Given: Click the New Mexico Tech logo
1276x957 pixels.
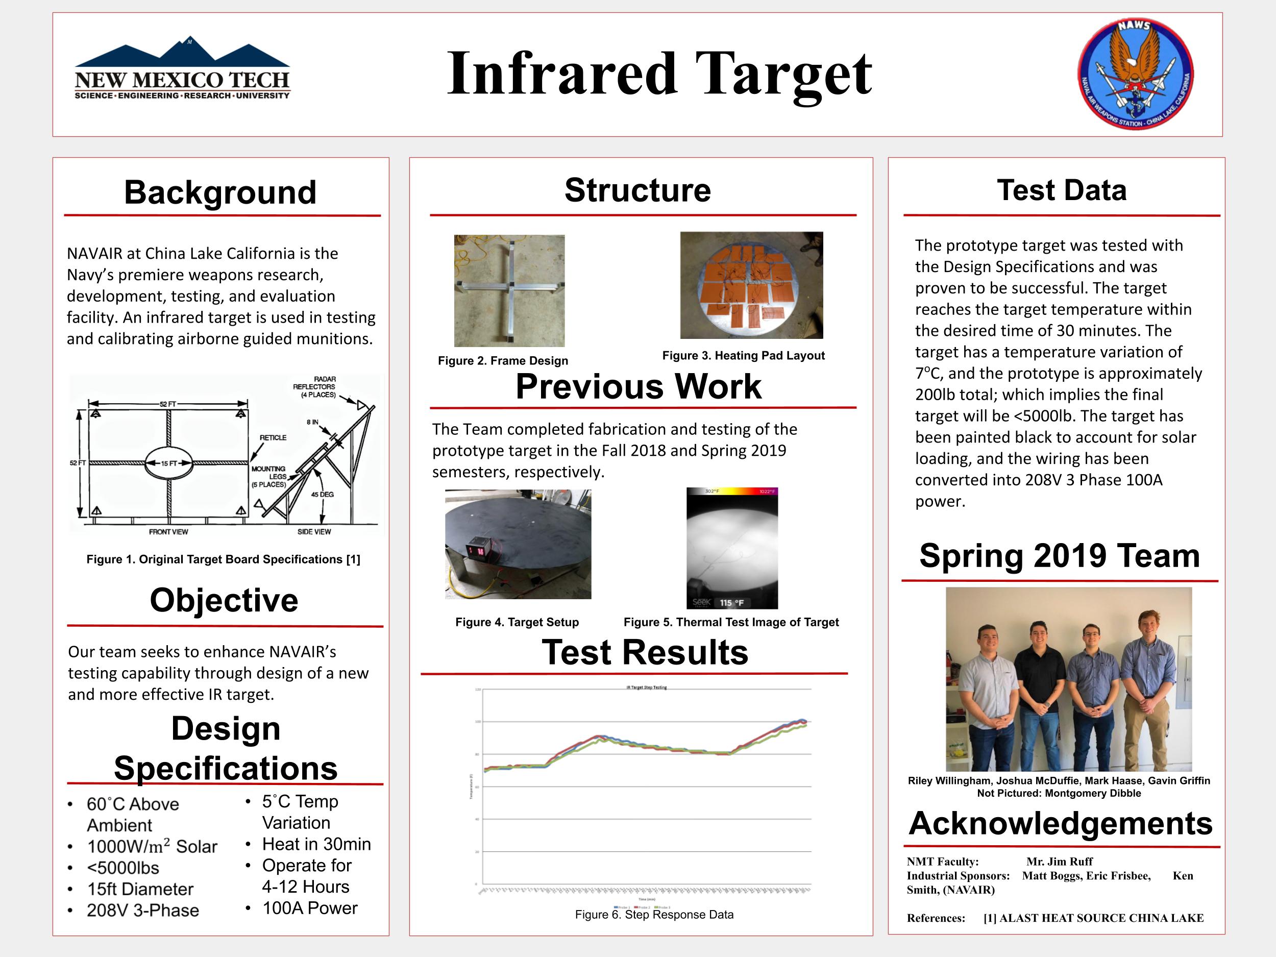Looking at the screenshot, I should (182, 69).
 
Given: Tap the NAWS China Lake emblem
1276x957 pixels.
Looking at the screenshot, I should (1135, 74).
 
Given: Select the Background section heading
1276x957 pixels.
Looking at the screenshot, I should (220, 192).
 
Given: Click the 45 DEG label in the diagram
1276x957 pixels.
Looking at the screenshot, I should (323, 495).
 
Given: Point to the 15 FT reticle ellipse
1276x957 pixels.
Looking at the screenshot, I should (168, 463).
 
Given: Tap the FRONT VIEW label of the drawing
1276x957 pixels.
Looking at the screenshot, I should (168, 532).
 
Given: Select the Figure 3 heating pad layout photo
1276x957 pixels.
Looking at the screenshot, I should (751, 285).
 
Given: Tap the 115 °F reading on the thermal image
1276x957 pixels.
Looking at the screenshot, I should (731, 603).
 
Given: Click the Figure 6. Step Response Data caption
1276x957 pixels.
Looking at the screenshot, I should (654, 914).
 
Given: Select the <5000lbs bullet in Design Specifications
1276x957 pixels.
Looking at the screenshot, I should (123, 868).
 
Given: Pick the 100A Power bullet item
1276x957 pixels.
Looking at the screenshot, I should (310, 908).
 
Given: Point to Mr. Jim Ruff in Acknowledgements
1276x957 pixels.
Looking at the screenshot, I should (1059, 861).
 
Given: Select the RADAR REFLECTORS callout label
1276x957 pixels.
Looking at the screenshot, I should (315, 386).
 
